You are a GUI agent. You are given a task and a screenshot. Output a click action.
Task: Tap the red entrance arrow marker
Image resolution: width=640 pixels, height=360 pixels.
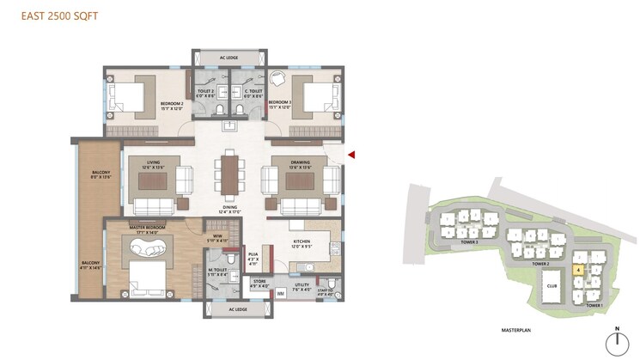(350, 155)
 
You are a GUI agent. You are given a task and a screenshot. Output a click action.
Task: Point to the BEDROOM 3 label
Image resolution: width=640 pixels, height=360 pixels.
(279, 104)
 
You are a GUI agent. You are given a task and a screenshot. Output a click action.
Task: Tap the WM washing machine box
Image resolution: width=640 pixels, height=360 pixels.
(281, 294)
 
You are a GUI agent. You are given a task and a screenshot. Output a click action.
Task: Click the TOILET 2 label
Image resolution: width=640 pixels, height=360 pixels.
(206, 92)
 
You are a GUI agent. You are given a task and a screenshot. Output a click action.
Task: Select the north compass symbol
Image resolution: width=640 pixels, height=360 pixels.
(616, 344)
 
